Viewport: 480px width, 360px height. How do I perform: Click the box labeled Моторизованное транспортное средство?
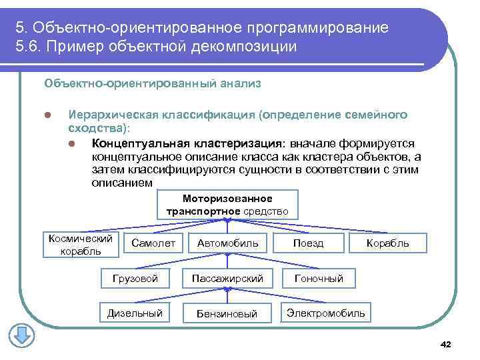(x=227, y=205)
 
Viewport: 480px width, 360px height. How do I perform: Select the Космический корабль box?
(x=78, y=245)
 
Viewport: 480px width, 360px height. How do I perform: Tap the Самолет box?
(x=153, y=244)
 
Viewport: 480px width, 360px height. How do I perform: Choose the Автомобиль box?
(x=227, y=244)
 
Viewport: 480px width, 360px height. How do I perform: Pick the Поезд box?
(x=308, y=244)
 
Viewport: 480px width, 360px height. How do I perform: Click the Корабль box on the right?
(x=387, y=244)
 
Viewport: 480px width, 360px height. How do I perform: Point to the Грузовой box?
(x=135, y=278)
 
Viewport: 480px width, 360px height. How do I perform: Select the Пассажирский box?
(x=227, y=278)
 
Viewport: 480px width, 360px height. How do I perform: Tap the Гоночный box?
(x=319, y=278)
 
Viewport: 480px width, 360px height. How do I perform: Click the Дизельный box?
(x=135, y=313)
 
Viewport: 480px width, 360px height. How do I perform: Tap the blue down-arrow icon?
(x=21, y=335)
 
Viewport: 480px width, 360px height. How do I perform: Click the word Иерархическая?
(x=107, y=115)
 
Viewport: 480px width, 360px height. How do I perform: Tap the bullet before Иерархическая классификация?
(x=47, y=115)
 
